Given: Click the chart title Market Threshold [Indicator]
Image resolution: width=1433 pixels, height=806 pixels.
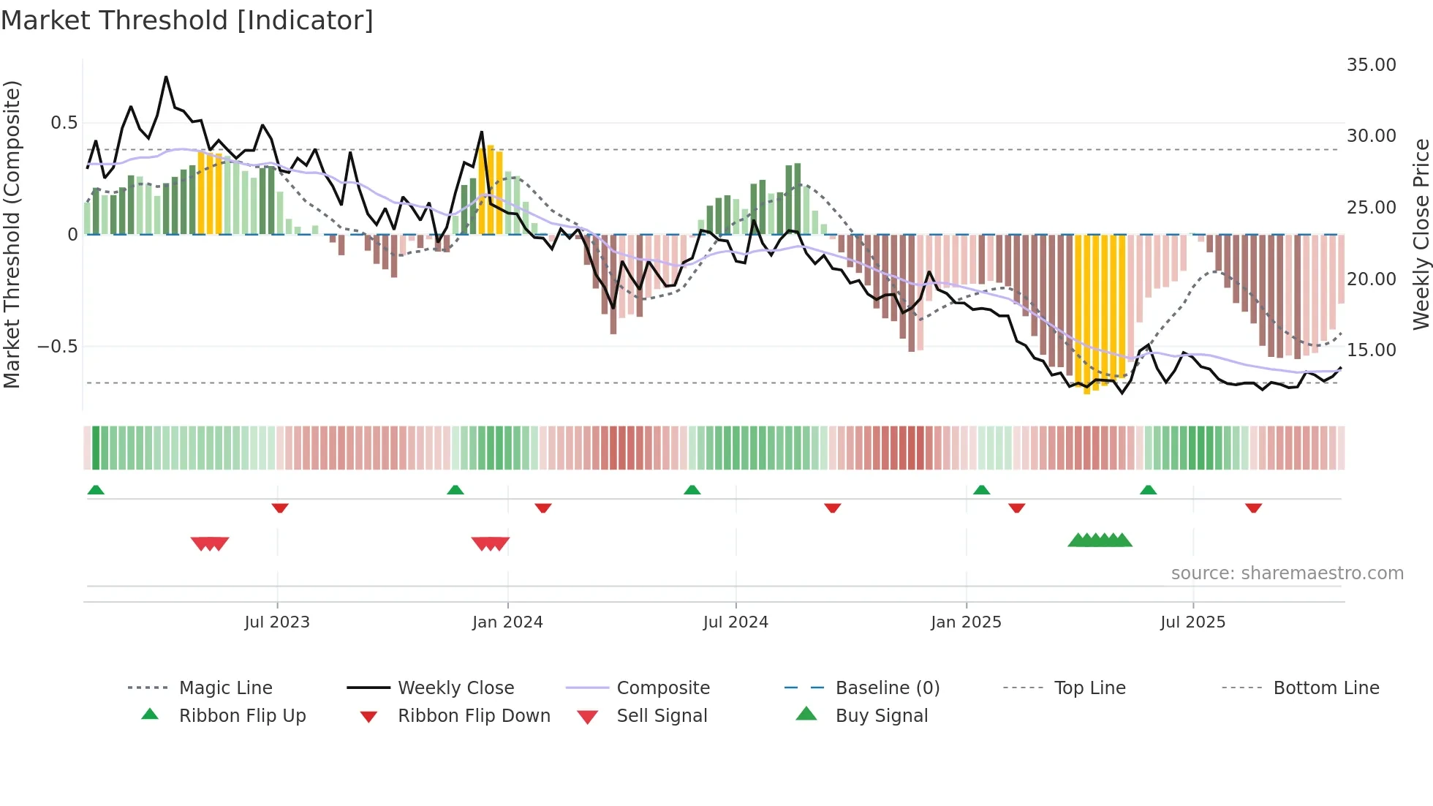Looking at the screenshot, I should tap(187, 20).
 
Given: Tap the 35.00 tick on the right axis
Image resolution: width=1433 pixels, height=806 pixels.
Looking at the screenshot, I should tap(1371, 65).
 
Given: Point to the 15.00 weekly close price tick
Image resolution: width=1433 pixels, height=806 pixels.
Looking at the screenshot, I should tap(1371, 350).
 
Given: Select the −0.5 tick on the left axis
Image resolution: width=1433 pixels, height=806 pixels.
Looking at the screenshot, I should tap(57, 347).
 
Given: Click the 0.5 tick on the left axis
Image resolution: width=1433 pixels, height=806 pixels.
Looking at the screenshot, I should tap(64, 123).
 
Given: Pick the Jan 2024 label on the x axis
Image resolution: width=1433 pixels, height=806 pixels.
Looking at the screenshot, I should tap(507, 622).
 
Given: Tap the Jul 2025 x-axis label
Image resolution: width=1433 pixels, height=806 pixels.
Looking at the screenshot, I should tap(1192, 622).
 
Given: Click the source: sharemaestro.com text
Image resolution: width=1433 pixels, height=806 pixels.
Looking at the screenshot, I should tap(1287, 573).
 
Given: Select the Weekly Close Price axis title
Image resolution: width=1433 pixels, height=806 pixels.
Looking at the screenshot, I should tap(1421, 234).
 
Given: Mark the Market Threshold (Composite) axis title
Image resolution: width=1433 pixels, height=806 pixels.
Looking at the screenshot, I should tap(12, 234).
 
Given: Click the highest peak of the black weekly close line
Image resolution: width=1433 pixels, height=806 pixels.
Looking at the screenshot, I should tap(166, 77).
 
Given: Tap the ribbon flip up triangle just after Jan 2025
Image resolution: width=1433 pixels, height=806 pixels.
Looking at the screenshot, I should tap(981, 490).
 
